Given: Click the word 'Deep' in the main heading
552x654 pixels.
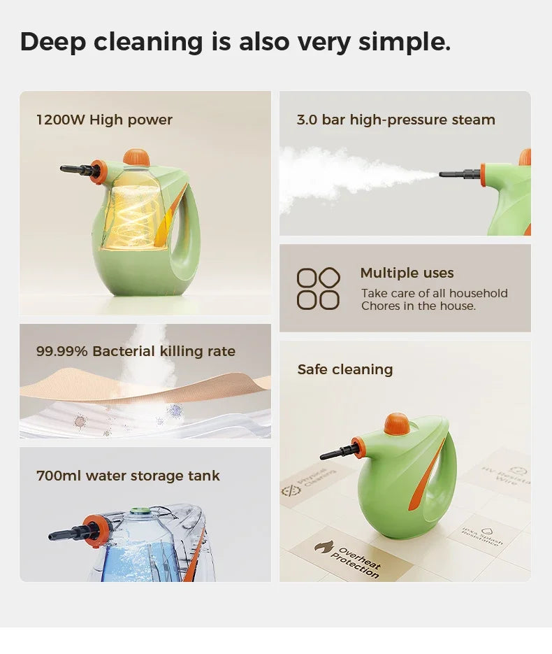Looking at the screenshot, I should (x=52, y=42).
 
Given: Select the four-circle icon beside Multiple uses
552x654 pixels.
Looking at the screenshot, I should (x=318, y=288).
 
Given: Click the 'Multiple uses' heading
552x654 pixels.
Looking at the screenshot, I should (x=407, y=273).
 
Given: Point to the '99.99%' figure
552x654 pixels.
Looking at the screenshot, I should (x=61, y=351).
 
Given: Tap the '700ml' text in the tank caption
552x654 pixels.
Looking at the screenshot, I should (x=59, y=476).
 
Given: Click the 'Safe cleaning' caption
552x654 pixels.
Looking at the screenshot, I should (x=345, y=369).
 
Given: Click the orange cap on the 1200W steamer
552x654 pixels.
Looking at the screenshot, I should (x=136, y=157).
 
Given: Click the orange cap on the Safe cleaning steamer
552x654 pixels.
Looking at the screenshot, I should (x=396, y=423).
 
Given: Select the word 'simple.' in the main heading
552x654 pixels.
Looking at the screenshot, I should (x=405, y=42).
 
